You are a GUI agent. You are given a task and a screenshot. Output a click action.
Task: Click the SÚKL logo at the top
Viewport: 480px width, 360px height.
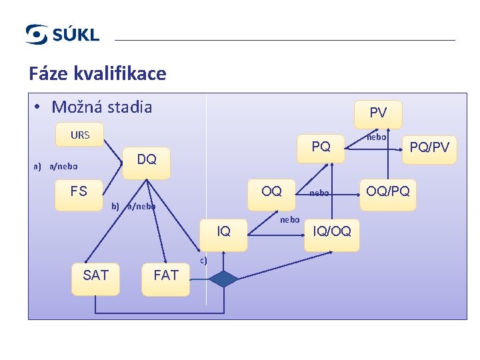point(62,34)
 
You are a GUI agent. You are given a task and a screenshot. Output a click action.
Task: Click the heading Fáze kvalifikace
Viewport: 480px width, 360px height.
point(97,73)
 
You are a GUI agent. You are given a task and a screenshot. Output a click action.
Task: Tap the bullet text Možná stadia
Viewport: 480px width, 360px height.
point(101,107)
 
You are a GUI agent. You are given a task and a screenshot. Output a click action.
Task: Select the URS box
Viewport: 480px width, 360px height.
point(80,135)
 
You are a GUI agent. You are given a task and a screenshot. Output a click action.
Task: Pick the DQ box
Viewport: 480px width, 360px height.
point(146,160)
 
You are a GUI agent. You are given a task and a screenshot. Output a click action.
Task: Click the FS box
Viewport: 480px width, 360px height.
point(79,192)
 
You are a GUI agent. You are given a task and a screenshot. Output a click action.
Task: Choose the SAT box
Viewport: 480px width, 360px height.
point(96,275)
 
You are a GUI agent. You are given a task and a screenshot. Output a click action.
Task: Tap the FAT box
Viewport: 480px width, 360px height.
point(166,275)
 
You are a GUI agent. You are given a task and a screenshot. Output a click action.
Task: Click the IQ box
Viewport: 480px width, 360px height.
point(224,232)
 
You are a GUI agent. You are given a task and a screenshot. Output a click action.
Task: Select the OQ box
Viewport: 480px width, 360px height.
point(271,192)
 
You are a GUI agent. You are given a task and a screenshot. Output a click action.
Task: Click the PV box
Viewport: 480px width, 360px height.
point(377,113)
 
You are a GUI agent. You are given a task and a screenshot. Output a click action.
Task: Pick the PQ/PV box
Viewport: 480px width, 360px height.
point(429,147)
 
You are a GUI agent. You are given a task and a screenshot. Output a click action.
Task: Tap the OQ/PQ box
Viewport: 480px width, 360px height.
point(387,192)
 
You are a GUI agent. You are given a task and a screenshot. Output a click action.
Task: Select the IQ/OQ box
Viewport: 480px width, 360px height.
point(331,232)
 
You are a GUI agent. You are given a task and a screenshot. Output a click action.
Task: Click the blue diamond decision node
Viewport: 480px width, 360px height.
point(224,279)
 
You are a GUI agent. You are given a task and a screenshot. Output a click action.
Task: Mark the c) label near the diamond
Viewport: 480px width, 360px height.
point(203,260)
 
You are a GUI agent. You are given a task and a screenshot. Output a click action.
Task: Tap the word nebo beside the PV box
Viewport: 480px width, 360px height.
point(377,137)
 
